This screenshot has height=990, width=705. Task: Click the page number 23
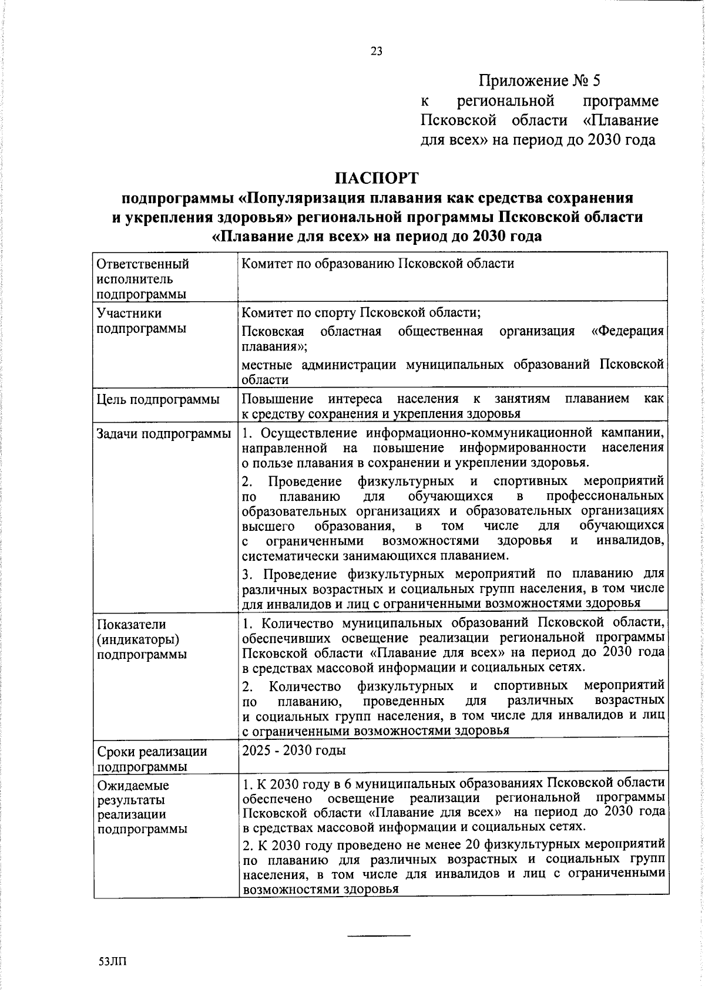pos(377,51)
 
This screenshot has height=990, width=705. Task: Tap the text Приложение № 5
pos(540,80)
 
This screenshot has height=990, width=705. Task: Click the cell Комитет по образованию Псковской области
pos(378,264)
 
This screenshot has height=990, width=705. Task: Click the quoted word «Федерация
pos(627,331)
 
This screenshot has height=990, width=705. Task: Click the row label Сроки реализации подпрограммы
pos(152,759)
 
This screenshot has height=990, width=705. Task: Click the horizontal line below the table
pos(378,935)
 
